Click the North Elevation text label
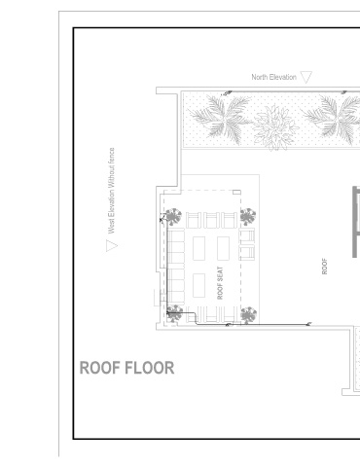click(x=273, y=77)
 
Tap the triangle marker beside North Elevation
click(x=306, y=77)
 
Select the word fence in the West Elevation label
click(x=111, y=156)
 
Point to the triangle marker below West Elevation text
click(x=112, y=245)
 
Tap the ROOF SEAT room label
click(x=220, y=283)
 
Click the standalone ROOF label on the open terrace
click(x=324, y=267)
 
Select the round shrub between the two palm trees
click(x=275, y=127)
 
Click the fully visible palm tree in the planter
click(x=221, y=119)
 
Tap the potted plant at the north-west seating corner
click(x=173, y=217)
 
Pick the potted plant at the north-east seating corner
click(x=248, y=216)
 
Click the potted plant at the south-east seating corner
click(x=249, y=315)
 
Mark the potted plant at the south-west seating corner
click(x=174, y=313)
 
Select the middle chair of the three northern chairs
click(x=211, y=220)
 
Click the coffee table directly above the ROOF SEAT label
click(x=223, y=248)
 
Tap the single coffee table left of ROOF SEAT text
click(x=198, y=285)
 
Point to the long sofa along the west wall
click(x=176, y=266)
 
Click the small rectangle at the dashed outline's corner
click(x=236, y=193)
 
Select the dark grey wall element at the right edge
click(x=356, y=222)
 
